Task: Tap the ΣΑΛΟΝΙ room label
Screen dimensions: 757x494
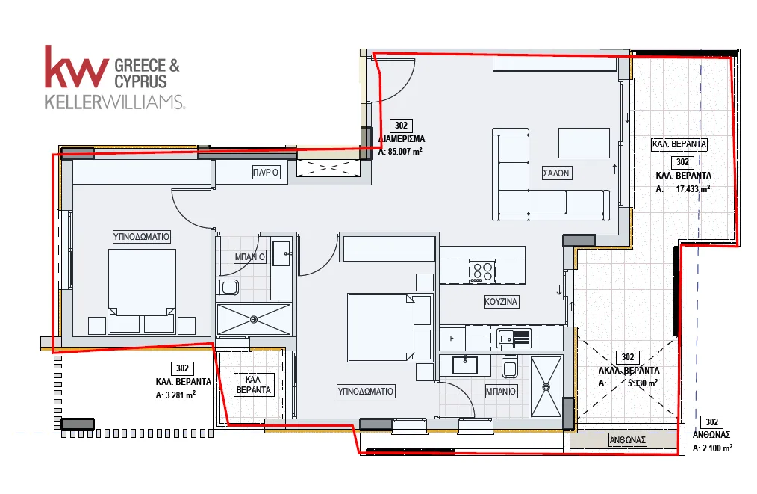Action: [557, 173]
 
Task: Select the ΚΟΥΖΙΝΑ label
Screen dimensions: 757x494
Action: [501, 302]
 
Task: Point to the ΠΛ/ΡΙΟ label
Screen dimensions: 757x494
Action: [266, 172]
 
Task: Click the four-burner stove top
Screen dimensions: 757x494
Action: [482, 271]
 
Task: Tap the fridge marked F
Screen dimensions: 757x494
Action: [452, 339]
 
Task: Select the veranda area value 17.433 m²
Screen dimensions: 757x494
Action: [693, 189]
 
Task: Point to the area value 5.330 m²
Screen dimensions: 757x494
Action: [643, 383]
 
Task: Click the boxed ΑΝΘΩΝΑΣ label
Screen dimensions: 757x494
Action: [628, 440]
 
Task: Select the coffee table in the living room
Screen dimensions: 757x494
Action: [584, 143]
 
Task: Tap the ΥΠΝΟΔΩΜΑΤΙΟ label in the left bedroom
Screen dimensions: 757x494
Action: [141, 236]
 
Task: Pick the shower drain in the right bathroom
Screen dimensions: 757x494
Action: [546, 386]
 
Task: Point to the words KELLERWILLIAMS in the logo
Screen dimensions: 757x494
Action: [114, 102]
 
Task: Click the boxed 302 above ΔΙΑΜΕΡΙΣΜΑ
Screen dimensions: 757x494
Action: [401, 126]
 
